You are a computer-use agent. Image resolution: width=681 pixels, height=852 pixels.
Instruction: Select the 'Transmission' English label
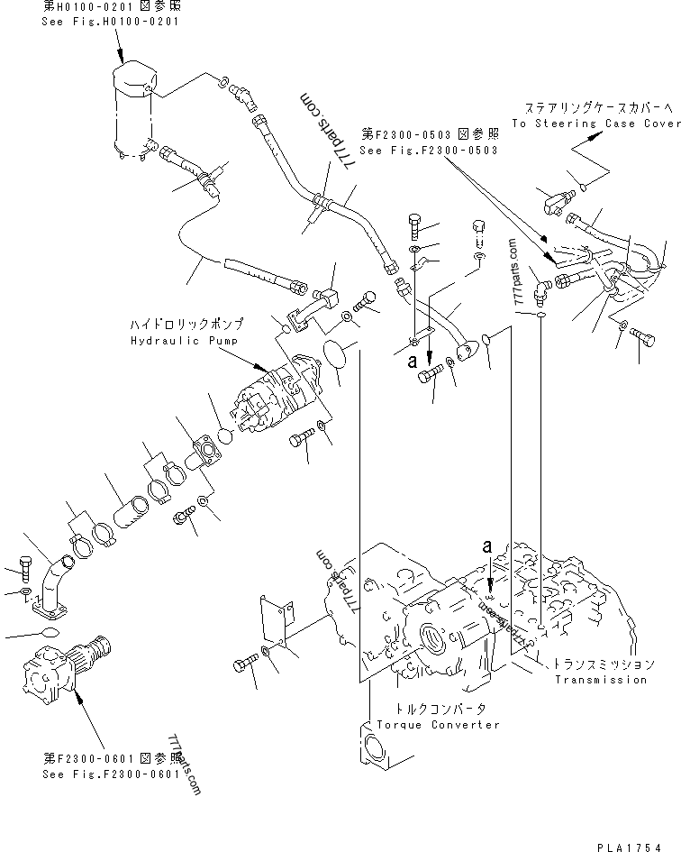(x=601, y=680)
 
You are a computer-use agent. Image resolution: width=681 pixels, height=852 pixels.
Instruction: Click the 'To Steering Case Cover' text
(x=595, y=124)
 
